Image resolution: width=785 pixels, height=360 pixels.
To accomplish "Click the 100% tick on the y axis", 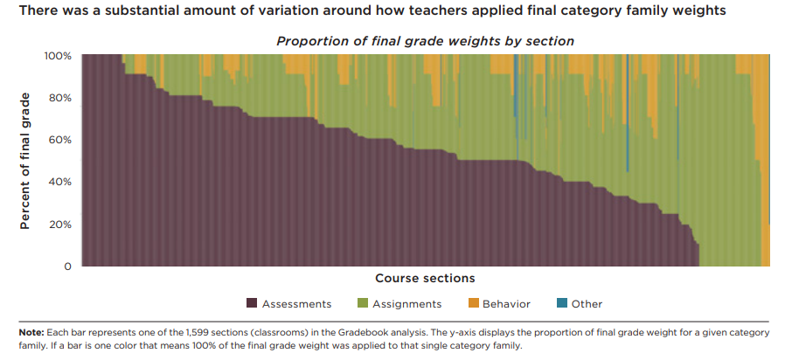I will pos(58,55).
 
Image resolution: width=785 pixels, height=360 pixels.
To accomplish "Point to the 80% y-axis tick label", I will pos(59,98).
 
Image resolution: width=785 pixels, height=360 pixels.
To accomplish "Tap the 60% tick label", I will pos(59,140).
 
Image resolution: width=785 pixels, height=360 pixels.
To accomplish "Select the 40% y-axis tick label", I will pos(59,182).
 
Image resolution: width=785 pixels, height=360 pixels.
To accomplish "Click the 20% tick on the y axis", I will pos(59,225).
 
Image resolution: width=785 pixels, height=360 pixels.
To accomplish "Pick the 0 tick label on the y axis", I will pos(67,267).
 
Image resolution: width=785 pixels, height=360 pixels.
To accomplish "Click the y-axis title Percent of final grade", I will pos(25,161).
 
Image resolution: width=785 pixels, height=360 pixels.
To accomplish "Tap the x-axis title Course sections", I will pos(425,279).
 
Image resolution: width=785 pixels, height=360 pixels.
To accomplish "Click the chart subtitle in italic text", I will pos(425,41).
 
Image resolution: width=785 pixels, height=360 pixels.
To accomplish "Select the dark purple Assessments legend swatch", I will pos(252,304).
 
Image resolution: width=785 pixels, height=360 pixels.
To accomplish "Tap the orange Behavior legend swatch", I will pos(473,304).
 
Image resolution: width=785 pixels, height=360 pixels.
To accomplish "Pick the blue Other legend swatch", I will pos(562,304).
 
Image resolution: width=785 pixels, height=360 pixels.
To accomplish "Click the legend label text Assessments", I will pos(297,304).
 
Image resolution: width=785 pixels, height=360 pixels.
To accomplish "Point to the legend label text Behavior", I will pos(506,304).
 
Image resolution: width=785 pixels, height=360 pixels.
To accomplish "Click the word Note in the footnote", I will pos(30,333).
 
